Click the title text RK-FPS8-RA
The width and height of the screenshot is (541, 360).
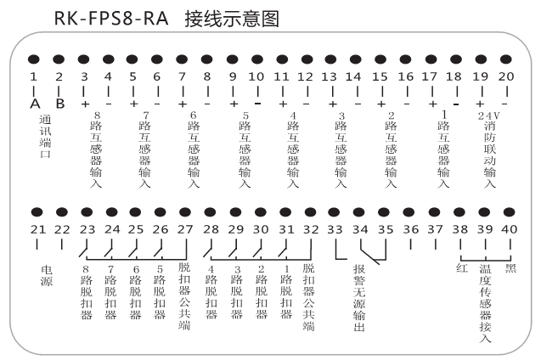111,19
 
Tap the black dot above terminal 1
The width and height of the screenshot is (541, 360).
33,59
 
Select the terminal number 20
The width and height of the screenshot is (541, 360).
506,76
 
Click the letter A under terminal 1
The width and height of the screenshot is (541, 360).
35,103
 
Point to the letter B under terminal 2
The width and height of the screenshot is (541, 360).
60,103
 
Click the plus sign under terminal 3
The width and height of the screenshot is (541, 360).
85,104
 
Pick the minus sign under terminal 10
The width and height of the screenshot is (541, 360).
257,104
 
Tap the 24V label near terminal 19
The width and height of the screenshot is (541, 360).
488,115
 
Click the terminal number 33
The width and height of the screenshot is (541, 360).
335,229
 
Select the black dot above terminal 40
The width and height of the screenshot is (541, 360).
509,212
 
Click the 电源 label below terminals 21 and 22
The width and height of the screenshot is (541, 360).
47,275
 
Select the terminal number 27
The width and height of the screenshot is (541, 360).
185,229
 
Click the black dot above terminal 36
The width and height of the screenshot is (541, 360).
409,212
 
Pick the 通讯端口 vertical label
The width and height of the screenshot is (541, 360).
45,137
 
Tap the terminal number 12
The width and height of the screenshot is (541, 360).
305,76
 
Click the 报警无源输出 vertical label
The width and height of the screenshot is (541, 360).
359,298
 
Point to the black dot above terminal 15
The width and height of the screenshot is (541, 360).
380,59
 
